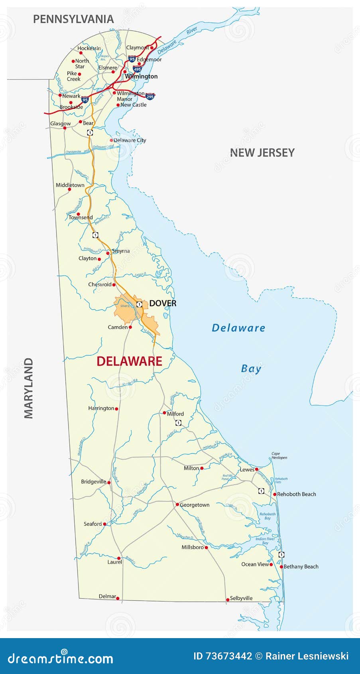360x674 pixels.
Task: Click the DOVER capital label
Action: [x=163, y=303]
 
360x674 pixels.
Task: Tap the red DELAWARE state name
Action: [x=130, y=361]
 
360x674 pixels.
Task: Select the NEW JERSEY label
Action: [x=262, y=153]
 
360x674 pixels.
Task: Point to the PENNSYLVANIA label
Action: [x=73, y=19]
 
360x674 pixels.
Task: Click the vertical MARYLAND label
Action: [x=29, y=388]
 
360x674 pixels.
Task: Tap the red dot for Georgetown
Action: [x=177, y=505]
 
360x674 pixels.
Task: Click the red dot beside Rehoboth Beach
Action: [x=275, y=494]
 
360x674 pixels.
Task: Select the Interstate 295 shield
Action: [x=150, y=96]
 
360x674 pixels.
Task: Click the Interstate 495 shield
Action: [x=137, y=69]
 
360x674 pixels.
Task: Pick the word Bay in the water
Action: [x=251, y=369]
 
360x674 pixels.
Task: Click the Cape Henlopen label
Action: [x=279, y=455]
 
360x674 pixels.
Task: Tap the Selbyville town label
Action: [x=241, y=598]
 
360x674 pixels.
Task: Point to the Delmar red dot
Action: [x=118, y=598]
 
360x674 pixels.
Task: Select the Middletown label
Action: [x=70, y=185]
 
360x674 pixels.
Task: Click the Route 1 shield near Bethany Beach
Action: [x=281, y=555]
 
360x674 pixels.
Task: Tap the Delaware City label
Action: [x=130, y=140]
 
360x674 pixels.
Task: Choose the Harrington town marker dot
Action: [x=116, y=409]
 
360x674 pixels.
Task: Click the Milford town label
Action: [x=175, y=414]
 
